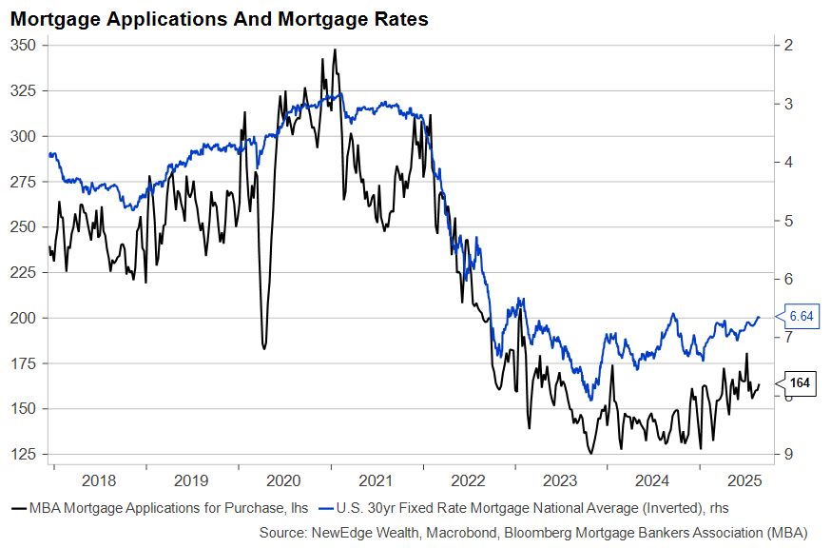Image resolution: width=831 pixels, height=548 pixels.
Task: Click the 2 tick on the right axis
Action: coord(790,46)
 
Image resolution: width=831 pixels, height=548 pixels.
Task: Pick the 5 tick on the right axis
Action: coord(790,221)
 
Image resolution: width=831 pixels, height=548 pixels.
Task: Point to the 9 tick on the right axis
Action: coord(790,454)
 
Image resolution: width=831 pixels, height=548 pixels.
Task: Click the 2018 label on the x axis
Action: coord(99,480)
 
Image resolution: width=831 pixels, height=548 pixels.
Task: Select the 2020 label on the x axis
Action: coord(284,480)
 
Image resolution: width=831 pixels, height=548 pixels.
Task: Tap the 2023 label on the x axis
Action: coord(562,480)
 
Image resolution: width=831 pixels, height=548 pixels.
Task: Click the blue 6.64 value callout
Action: coord(801,316)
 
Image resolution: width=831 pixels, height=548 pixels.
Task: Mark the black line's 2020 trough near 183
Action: coord(263,348)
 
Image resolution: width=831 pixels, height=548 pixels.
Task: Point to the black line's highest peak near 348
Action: coord(334,49)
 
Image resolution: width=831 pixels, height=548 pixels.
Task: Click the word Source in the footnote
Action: coord(283,533)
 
